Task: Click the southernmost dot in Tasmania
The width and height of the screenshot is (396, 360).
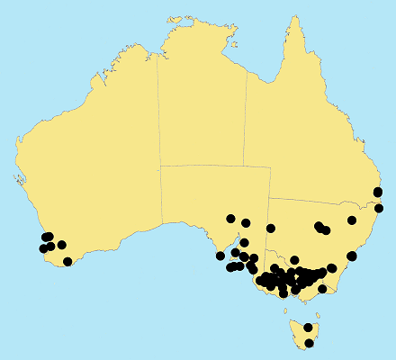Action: coord(310,343)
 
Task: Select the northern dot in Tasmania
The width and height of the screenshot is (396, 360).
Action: coord(308,328)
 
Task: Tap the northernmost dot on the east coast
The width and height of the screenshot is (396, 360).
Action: coord(378,192)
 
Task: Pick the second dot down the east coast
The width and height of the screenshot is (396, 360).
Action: coord(379,209)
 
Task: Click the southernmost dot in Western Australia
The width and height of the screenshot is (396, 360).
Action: coord(67,262)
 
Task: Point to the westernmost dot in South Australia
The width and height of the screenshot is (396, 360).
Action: coord(220,256)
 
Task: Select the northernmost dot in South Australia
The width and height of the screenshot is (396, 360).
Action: coord(231,219)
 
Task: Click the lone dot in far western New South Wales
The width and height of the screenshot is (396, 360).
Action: coord(271,228)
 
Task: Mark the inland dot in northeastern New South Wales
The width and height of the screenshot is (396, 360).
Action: coord(352,220)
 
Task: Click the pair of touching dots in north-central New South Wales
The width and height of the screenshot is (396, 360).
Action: coord(321,228)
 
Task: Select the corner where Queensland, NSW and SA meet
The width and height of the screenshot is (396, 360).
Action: coord(269,197)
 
